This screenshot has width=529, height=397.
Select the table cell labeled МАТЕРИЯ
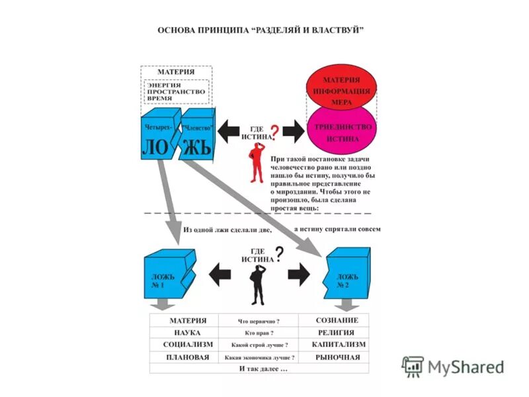tap(183, 320)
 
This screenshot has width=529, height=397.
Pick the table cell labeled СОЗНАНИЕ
tap(335, 320)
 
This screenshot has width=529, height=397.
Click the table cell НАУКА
tap(183, 333)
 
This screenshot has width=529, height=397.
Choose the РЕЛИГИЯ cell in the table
tap(335, 333)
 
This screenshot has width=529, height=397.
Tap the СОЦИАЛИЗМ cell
tap(183, 345)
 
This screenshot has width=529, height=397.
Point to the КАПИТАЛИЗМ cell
tap(335, 345)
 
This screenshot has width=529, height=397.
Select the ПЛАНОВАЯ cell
tap(183, 357)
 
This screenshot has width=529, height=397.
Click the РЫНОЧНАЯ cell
tap(335, 357)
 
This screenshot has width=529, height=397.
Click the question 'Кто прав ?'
tap(259, 333)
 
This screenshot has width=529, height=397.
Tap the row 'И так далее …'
tap(259, 369)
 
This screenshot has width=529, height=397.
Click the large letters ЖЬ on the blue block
tap(196, 146)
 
